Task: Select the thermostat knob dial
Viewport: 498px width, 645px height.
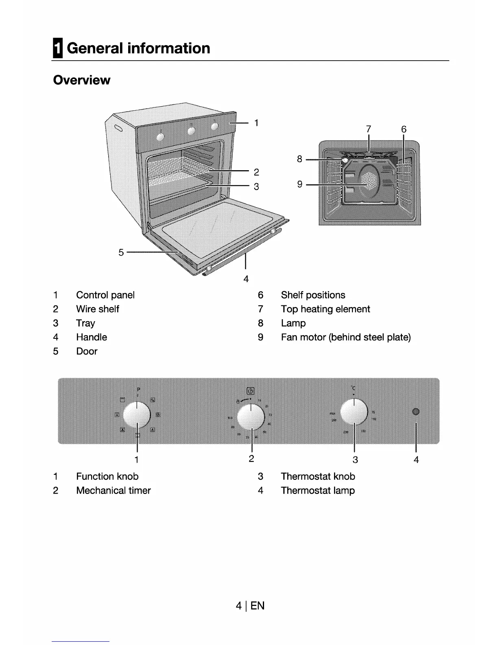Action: (354, 412)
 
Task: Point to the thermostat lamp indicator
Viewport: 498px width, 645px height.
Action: (415, 412)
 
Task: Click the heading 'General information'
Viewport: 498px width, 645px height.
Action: (138, 48)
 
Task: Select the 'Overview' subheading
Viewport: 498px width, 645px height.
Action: (81, 80)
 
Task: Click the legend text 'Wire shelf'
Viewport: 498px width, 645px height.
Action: (97, 309)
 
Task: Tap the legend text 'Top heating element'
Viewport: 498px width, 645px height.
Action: (325, 309)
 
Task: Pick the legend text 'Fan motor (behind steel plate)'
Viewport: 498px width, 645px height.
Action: (345, 337)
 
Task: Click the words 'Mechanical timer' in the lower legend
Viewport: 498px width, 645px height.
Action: (113, 490)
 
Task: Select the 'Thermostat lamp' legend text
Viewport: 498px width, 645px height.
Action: (317, 490)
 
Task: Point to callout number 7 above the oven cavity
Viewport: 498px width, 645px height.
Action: (368, 129)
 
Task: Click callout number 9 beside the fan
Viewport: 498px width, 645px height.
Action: (300, 184)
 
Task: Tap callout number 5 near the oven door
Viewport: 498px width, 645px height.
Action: (121, 252)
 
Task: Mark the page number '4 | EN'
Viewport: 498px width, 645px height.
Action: (250, 606)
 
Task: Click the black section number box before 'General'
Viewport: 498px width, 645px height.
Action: (58, 48)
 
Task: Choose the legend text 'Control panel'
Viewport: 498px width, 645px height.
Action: (105, 295)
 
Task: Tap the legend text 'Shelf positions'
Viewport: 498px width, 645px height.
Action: (312, 295)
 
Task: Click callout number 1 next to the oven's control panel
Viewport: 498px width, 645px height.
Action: (256, 123)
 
